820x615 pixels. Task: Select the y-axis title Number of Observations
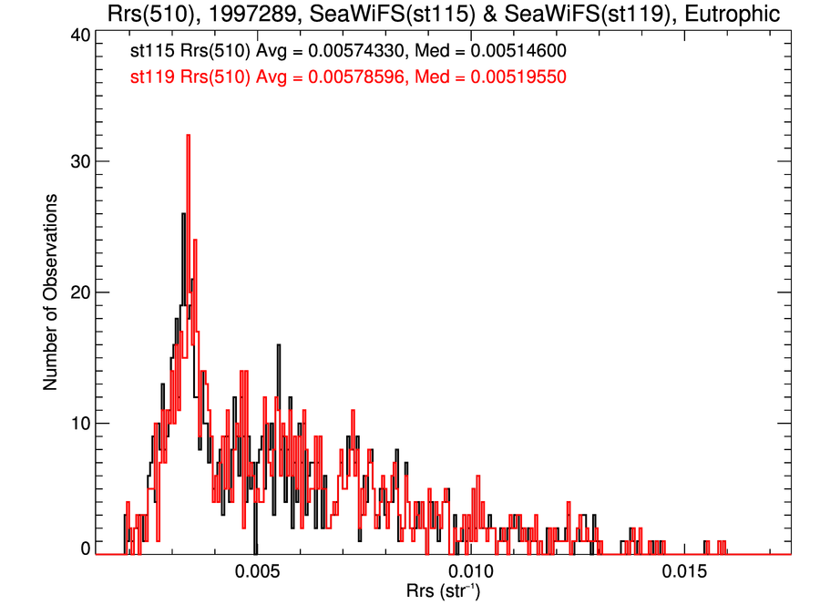[x=52, y=292]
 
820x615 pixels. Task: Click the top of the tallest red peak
[x=188, y=136]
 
